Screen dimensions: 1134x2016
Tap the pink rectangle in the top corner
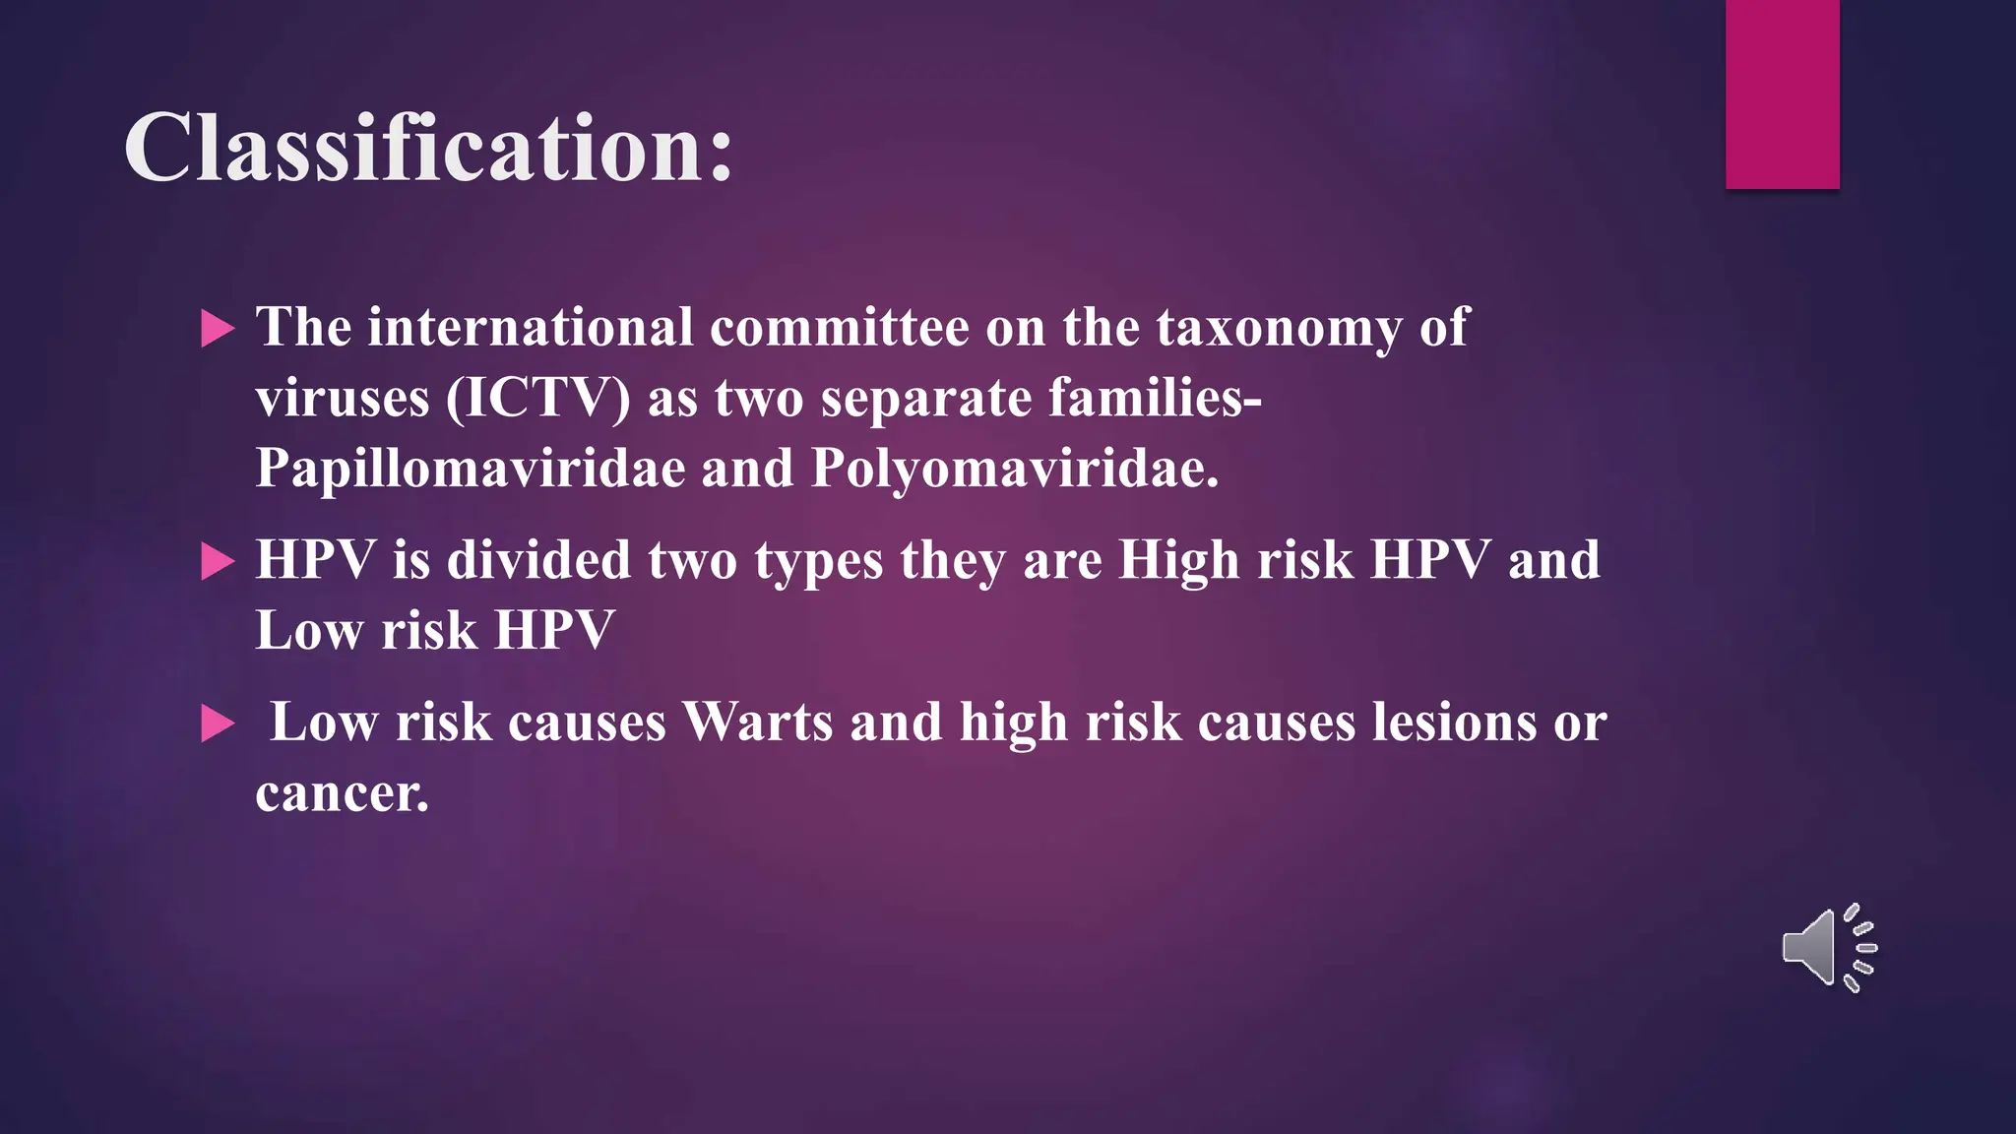click(1782, 94)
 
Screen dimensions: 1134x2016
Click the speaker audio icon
click(1828, 948)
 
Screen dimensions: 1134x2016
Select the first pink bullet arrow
click(218, 329)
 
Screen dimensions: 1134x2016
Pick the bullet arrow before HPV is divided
click(218, 562)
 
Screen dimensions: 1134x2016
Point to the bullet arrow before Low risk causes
click(218, 724)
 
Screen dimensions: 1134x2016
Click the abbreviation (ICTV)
click(537, 399)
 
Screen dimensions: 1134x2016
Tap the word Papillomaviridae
click(470, 469)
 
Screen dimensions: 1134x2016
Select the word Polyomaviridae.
click(1014, 469)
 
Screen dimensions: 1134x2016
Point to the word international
click(531, 328)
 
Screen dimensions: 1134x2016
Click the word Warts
click(757, 723)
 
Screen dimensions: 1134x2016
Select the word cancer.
click(342, 793)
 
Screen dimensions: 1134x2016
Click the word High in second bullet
click(1178, 561)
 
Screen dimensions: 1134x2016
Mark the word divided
click(538, 561)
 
